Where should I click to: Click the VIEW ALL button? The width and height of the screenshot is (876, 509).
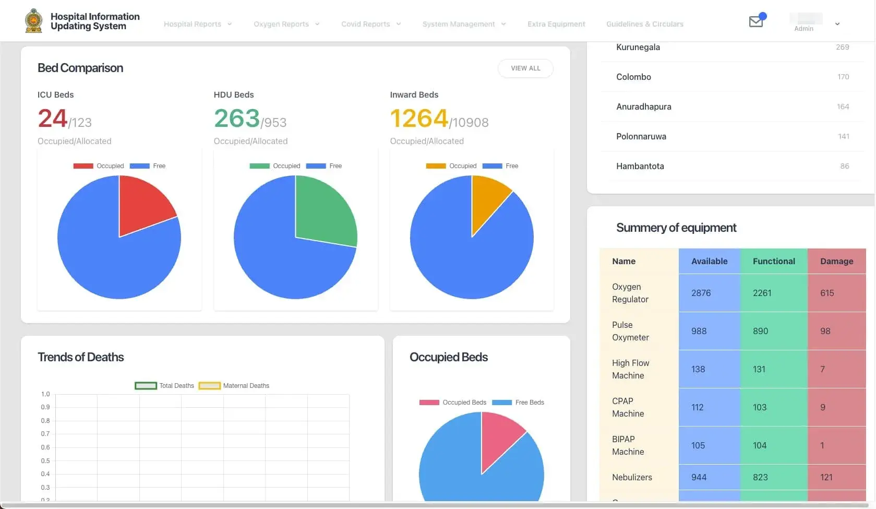525,68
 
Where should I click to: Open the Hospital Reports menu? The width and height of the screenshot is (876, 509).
197,24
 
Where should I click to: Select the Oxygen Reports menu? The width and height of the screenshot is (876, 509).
286,24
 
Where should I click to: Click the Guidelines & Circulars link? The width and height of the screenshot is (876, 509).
644,24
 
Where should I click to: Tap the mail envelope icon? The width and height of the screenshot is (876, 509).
755,21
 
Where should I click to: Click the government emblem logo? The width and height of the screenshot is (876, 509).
34,21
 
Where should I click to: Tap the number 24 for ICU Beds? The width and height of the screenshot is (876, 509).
52,119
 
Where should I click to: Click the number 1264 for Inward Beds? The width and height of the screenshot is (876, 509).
419,119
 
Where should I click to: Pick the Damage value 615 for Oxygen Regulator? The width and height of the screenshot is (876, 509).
827,293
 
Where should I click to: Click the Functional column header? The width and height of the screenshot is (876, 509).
774,262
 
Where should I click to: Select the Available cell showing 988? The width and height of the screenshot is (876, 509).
699,332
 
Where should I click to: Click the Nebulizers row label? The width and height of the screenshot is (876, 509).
632,478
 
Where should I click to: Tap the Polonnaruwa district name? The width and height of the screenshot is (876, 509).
641,137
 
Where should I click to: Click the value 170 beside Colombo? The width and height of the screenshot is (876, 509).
843,77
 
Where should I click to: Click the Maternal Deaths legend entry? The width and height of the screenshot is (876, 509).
235,386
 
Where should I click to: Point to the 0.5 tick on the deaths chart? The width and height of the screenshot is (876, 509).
45,461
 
